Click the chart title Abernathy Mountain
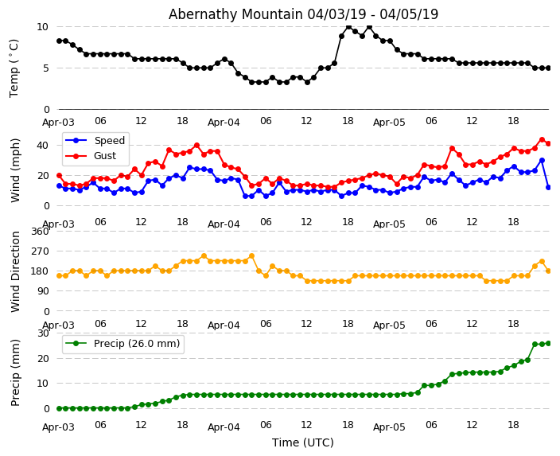coord(303,14)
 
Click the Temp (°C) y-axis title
coord(14,68)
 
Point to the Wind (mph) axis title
coord(16,170)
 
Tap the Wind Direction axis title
coord(16,271)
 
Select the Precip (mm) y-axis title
coord(16,372)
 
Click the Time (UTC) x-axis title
coord(303,442)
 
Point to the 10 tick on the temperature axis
coord(42,26)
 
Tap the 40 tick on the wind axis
coord(42,145)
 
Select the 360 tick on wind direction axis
coord(39,232)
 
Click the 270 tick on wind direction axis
coord(39,251)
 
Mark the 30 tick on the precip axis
coord(42,333)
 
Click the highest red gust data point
coord(542,139)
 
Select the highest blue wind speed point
coord(542,160)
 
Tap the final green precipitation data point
coord(548,343)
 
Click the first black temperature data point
coord(59,41)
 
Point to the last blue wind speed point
coord(548,187)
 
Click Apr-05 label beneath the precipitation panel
coord(389,427)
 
